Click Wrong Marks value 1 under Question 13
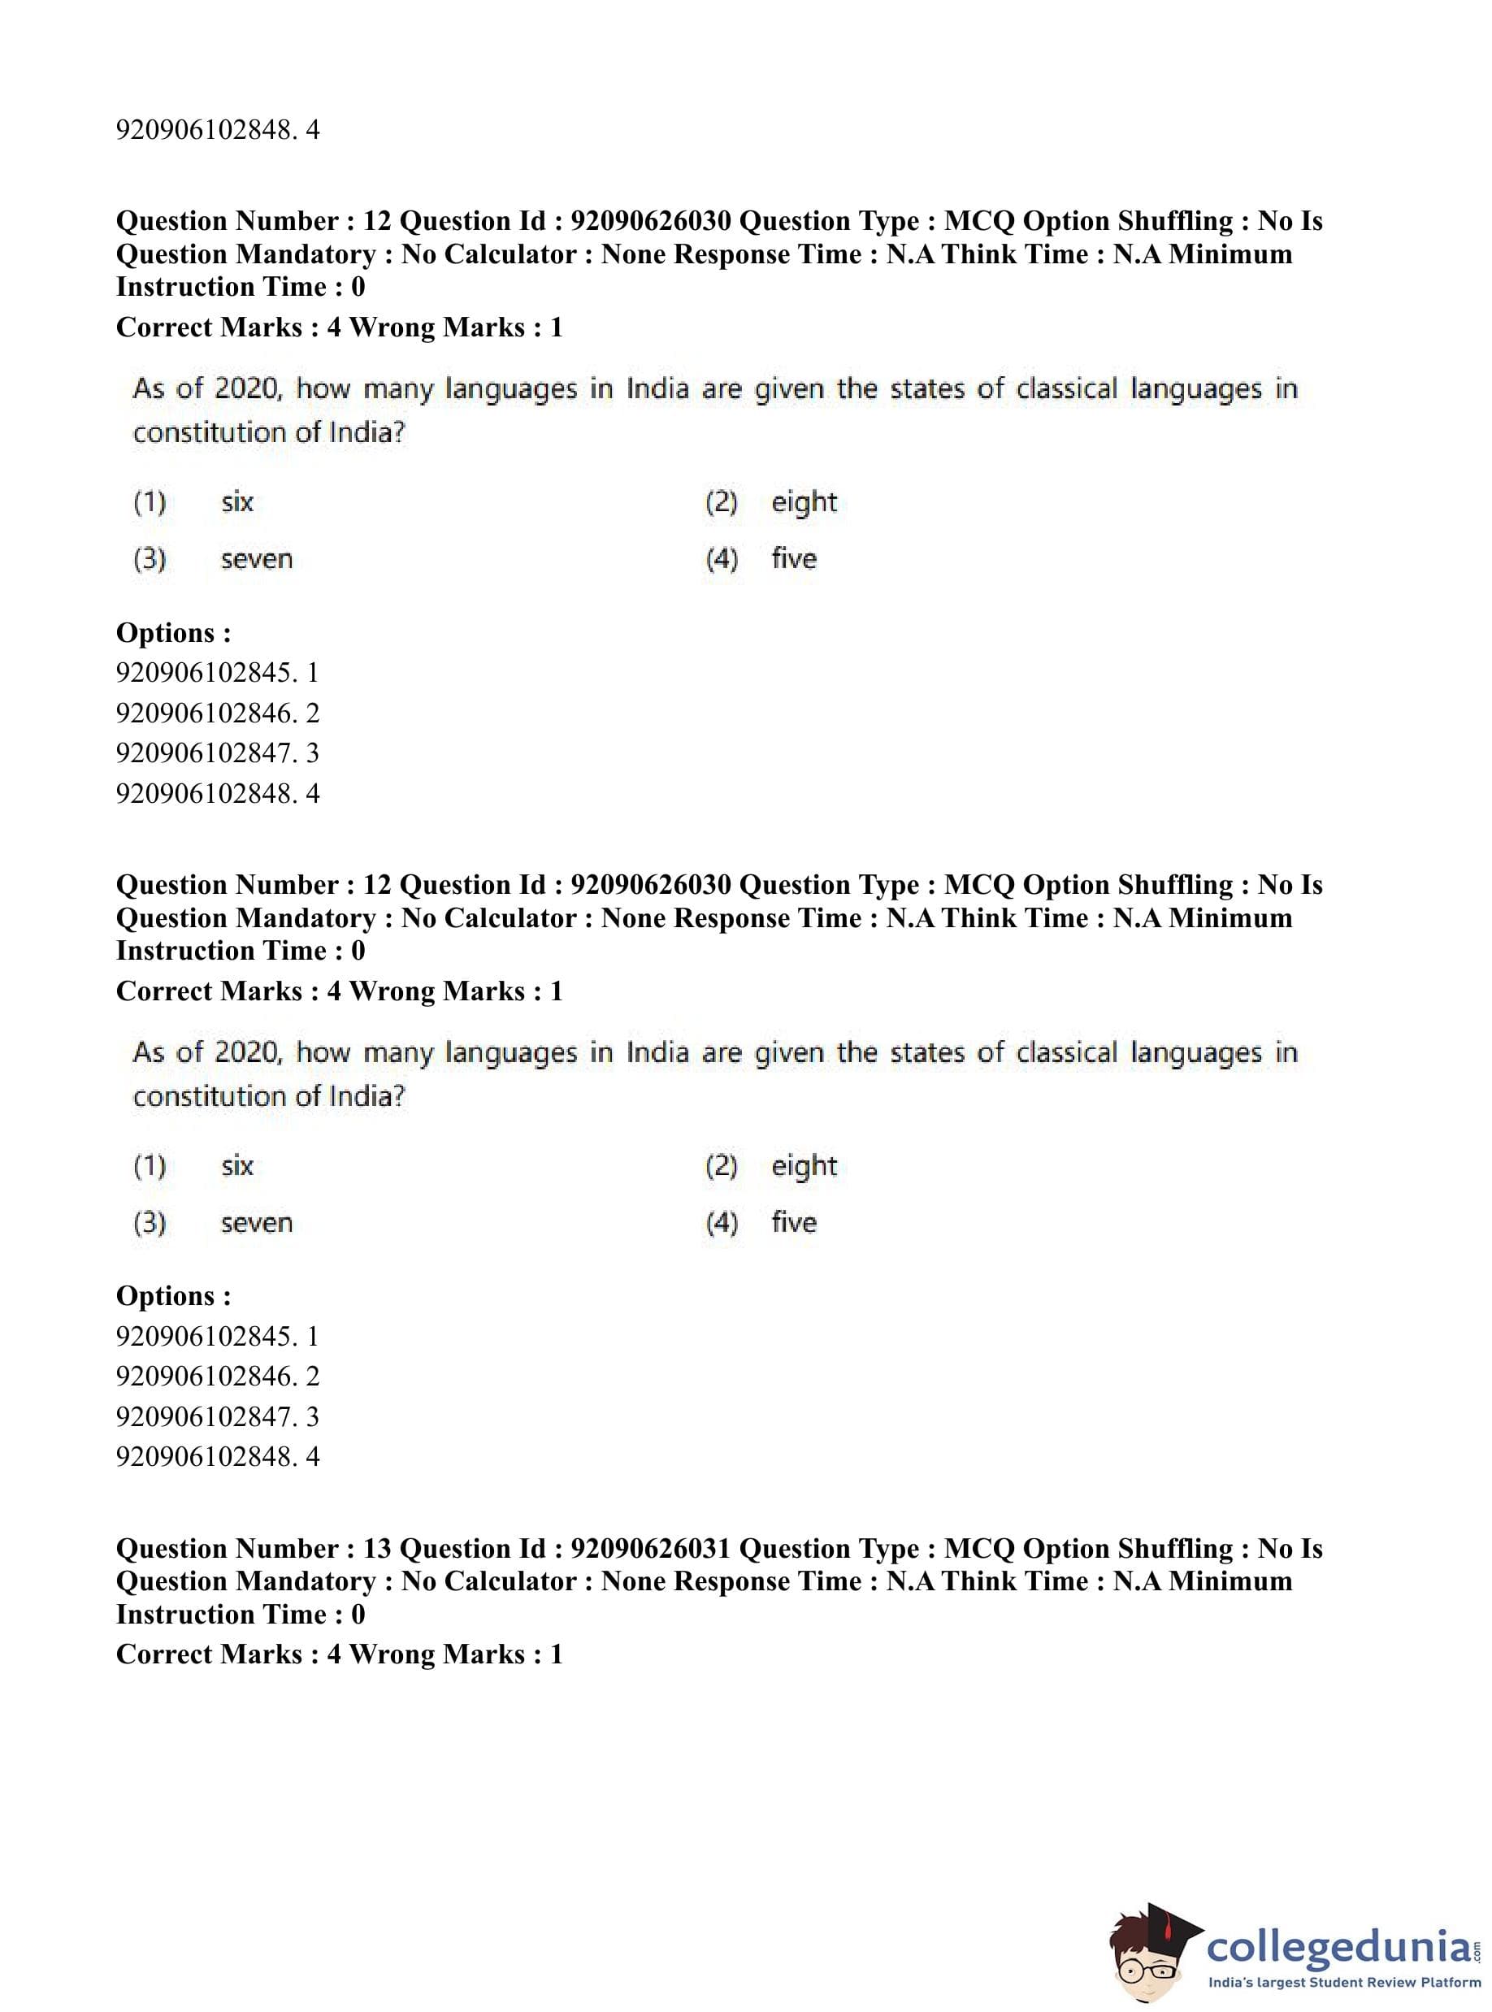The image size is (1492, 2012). pos(557,1654)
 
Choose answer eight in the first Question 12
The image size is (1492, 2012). pos(804,502)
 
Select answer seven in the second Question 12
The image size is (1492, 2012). pos(257,1223)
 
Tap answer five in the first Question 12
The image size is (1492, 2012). pos(794,559)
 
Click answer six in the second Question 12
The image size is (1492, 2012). pos(236,1166)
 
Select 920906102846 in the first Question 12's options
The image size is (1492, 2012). pos(205,713)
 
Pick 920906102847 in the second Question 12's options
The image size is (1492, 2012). pos(205,1417)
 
